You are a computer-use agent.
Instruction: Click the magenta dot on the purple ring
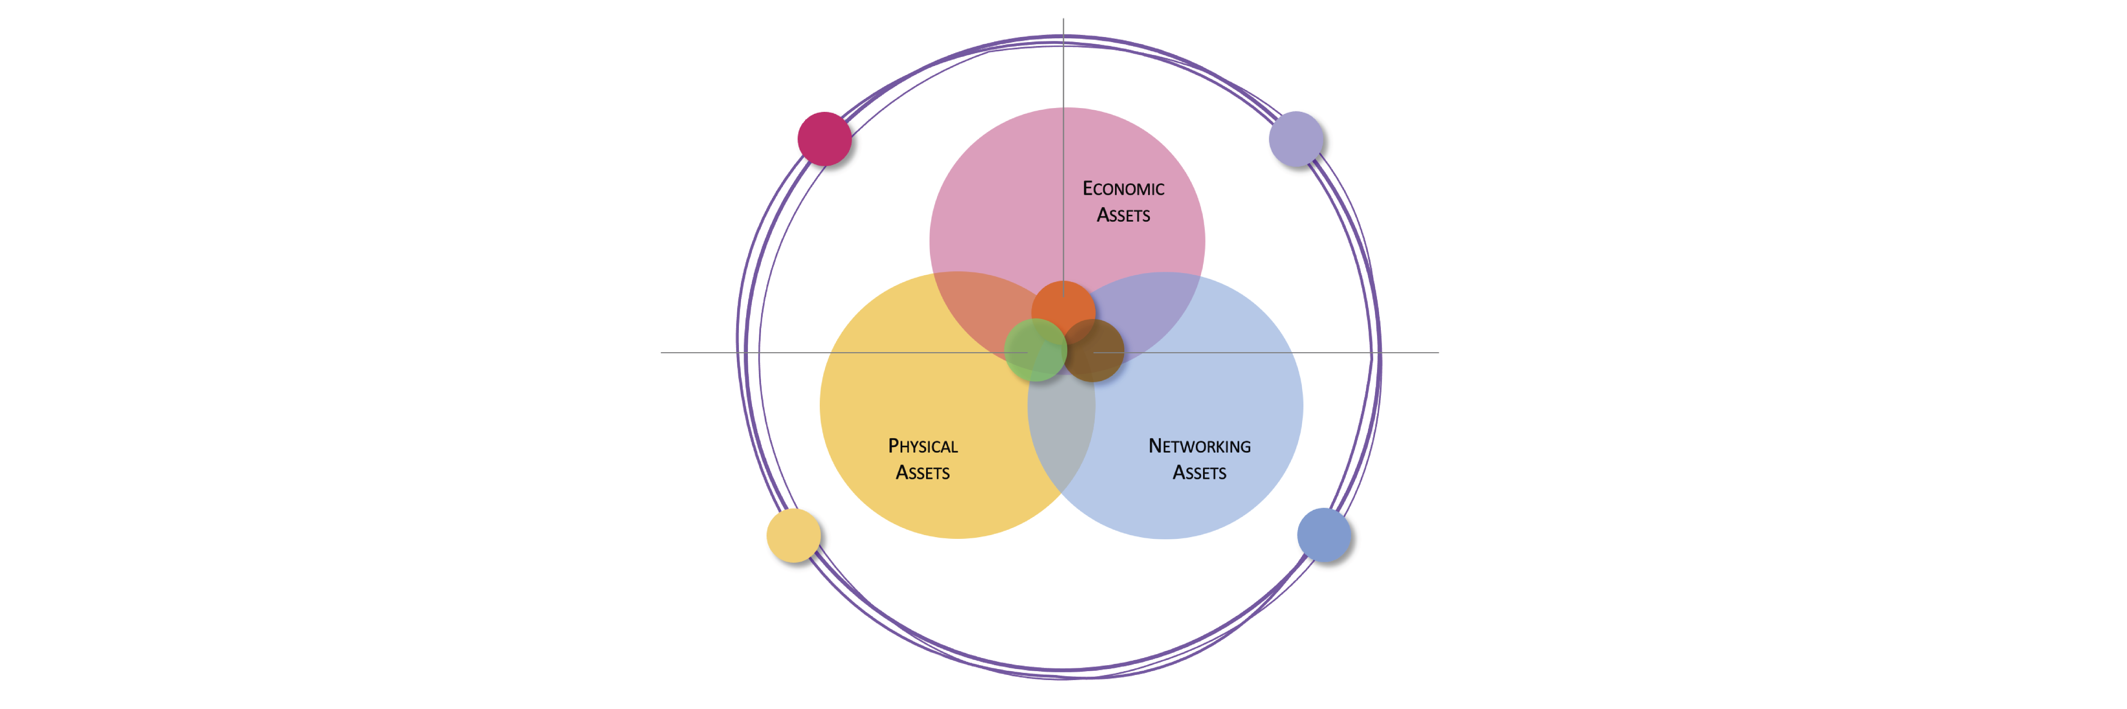tap(824, 139)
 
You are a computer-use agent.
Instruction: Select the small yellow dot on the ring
tap(793, 535)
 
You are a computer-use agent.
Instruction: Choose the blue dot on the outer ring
tap(1323, 535)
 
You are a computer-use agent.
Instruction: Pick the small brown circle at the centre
tap(1093, 350)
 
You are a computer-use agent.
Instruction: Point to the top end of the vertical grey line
tap(1063, 18)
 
